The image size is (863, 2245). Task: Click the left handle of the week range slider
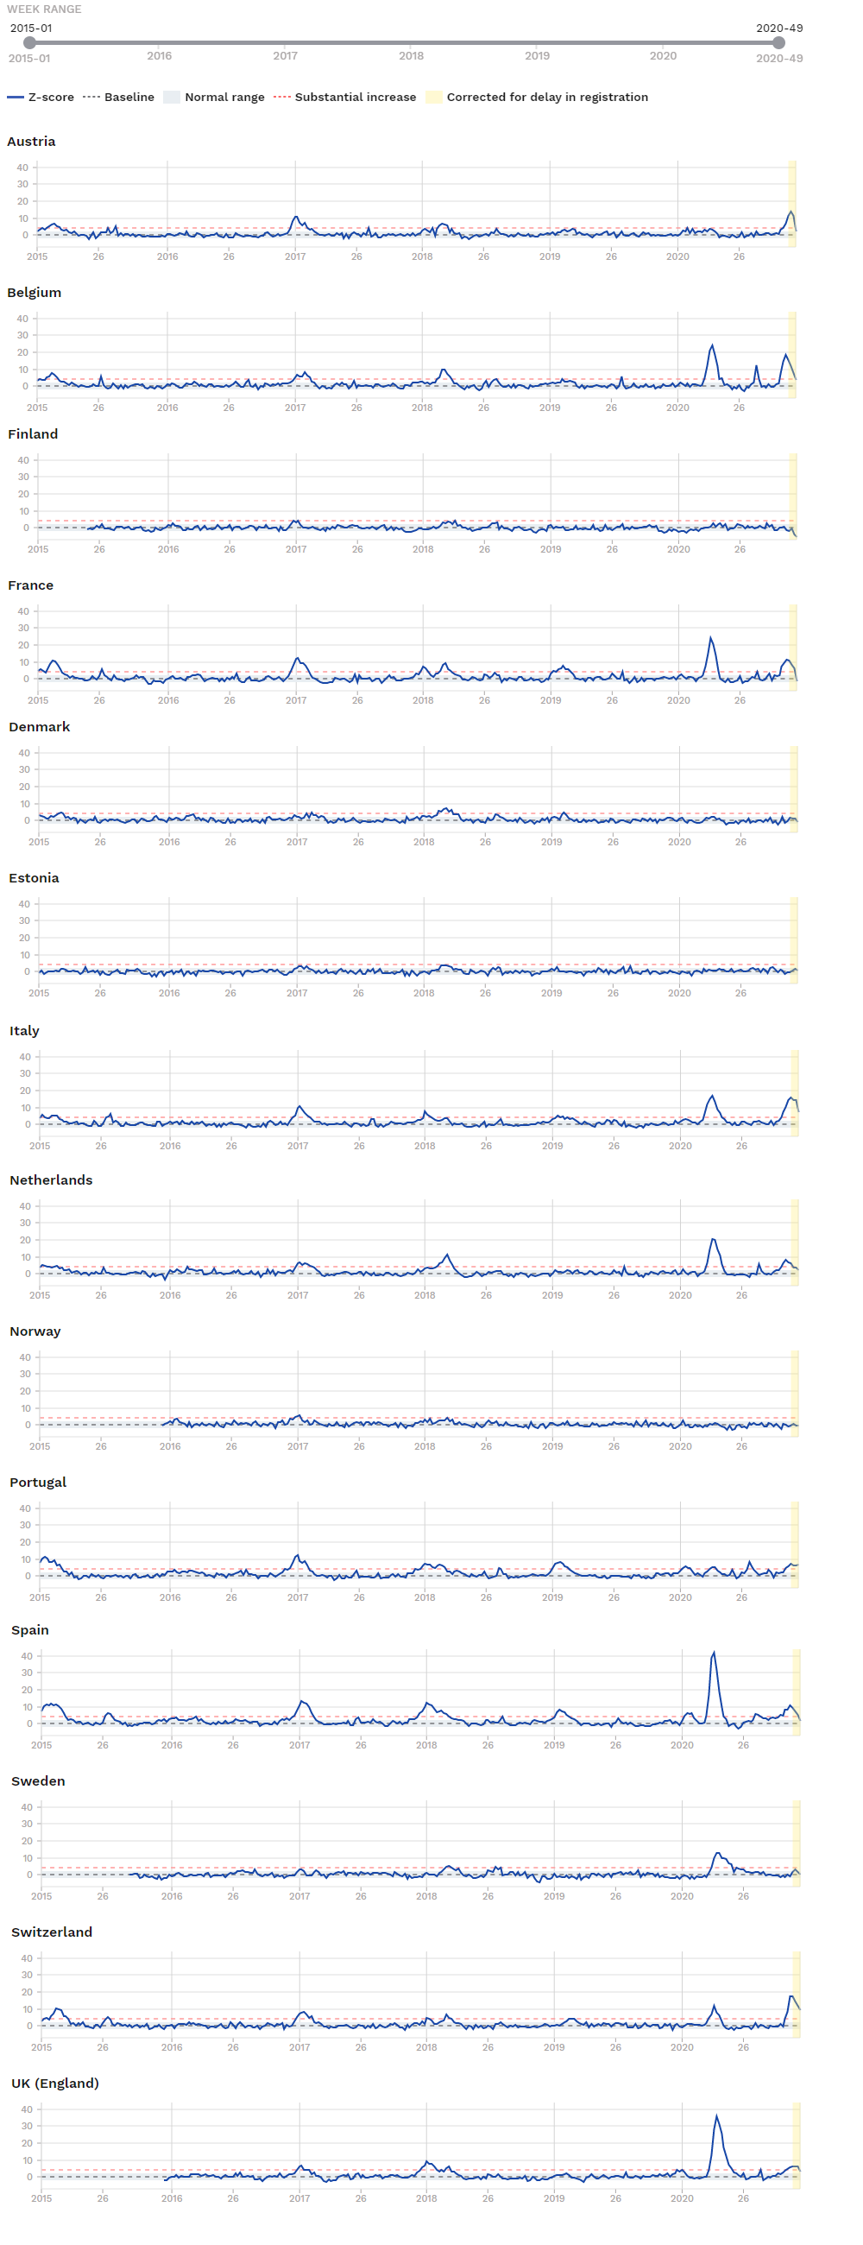pyautogui.click(x=29, y=42)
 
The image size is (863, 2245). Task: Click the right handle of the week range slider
pyautogui.click(x=778, y=42)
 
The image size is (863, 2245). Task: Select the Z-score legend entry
pyautogui.click(x=41, y=97)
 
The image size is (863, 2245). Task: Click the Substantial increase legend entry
pyautogui.click(x=345, y=97)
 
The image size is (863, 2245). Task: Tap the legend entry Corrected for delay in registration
pyautogui.click(x=538, y=97)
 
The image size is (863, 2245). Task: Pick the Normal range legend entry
pyautogui.click(x=214, y=97)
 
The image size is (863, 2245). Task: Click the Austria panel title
pyautogui.click(x=31, y=142)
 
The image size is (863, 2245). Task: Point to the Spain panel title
pyautogui.click(x=29, y=1629)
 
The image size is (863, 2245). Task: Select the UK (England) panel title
pyautogui.click(x=55, y=2083)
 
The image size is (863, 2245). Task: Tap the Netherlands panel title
pyautogui.click(x=51, y=1180)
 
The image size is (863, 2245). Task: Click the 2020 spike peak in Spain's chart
pyautogui.click(x=714, y=1653)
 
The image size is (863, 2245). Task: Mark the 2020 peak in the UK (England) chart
pyautogui.click(x=716, y=2115)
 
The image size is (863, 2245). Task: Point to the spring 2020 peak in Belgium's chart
pyautogui.click(x=712, y=346)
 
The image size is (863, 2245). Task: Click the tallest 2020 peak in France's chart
pyautogui.click(x=710, y=638)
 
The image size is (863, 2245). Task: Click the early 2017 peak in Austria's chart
pyautogui.click(x=296, y=217)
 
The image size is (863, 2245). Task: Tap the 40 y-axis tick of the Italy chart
pyautogui.click(x=25, y=1057)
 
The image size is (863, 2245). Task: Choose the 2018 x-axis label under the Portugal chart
pyautogui.click(x=425, y=1597)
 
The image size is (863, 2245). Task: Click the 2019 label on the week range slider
pyautogui.click(x=538, y=56)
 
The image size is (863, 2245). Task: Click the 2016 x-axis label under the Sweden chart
pyautogui.click(x=172, y=1896)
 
